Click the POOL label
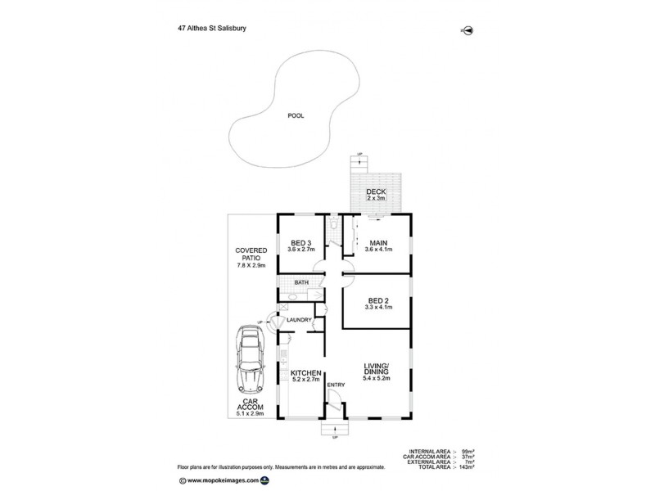click(296, 116)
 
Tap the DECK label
click(376, 191)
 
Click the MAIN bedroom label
click(377, 242)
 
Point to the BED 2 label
click(377, 300)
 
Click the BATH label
click(301, 283)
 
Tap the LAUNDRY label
click(300, 320)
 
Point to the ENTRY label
click(336, 385)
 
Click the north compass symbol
click(468, 31)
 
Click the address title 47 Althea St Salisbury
click(213, 27)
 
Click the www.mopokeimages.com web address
click(224, 480)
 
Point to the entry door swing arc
click(333, 399)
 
